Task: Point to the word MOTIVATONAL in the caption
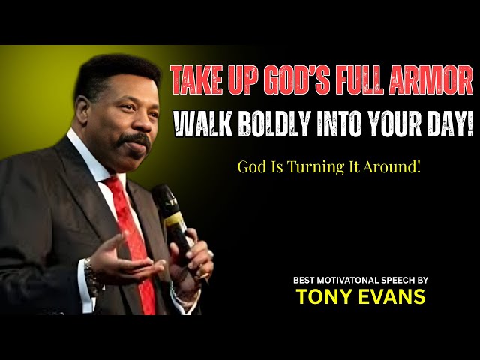coord(346,279)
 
